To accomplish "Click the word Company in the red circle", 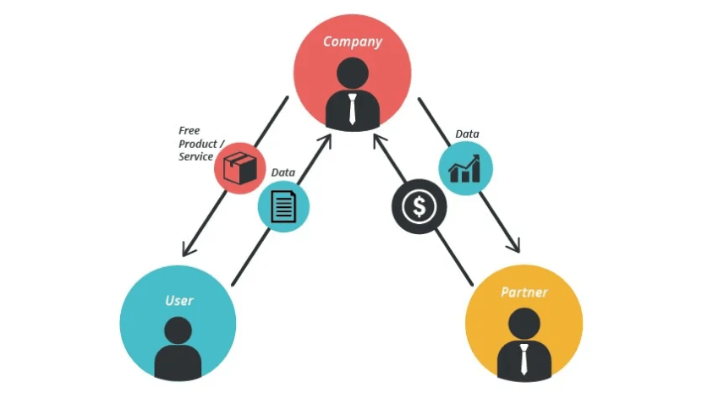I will pyautogui.click(x=352, y=41).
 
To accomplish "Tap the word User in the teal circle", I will pyautogui.click(x=178, y=300).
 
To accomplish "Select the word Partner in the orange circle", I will pyautogui.click(x=524, y=292).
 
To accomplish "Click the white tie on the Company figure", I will pyautogui.click(x=352, y=109).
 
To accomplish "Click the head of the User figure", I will pyautogui.click(x=178, y=330).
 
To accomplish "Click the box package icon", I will pyautogui.click(x=239, y=167).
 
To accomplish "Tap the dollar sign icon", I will pyautogui.click(x=418, y=206).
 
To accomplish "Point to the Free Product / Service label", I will pyautogui.click(x=195, y=144).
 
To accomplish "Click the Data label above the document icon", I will pyautogui.click(x=283, y=172).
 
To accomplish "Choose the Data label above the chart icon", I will pyautogui.click(x=467, y=134).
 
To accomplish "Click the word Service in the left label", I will pyautogui.click(x=195, y=156).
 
